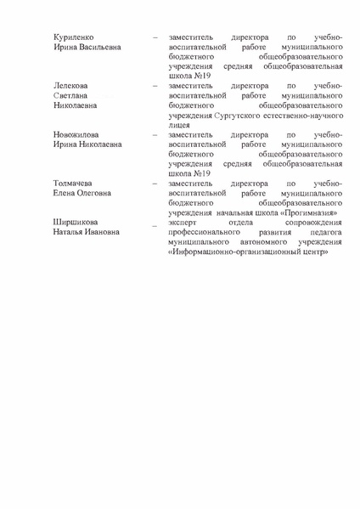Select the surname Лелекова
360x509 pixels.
pyautogui.click(x=71, y=88)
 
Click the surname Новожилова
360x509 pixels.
pyautogui.click(x=77, y=136)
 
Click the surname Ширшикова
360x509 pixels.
pyautogui.click(x=76, y=223)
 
